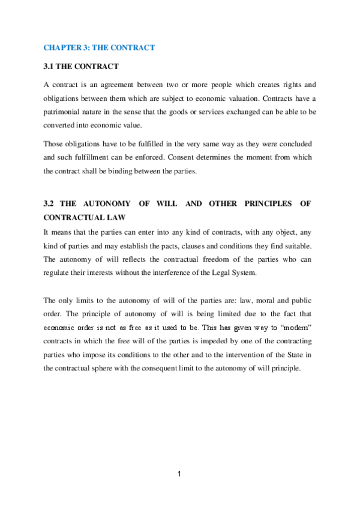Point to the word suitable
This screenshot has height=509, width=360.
tap(295, 245)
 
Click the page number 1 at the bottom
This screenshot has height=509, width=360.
tap(179, 474)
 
